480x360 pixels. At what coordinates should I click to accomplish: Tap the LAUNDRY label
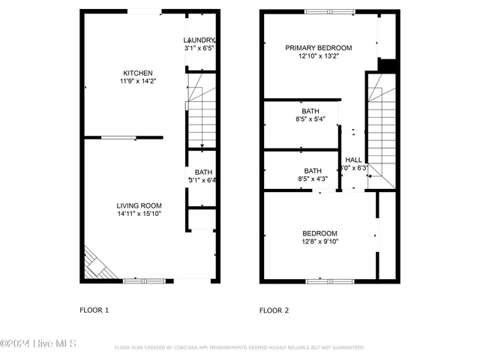click(200, 40)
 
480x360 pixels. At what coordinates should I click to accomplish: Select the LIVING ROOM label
click(139, 205)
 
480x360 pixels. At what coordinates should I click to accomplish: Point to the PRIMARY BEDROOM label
click(318, 47)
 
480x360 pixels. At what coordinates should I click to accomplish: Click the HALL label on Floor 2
click(353, 160)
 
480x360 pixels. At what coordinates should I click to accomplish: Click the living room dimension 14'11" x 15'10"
click(139, 214)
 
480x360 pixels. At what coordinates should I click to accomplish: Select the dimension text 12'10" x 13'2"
click(318, 55)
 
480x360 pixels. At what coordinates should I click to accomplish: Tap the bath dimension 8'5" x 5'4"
click(310, 118)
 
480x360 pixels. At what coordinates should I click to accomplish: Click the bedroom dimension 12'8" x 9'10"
click(319, 241)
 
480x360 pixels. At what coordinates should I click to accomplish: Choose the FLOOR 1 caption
click(94, 310)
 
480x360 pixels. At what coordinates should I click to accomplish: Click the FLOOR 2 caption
click(274, 310)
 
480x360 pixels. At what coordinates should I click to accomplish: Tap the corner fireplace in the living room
click(96, 264)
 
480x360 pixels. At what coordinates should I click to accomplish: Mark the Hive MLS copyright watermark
click(39, 344)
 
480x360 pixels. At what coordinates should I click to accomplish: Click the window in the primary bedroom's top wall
click(329, 11)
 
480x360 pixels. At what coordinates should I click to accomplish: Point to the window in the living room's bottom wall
click(143, 280)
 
